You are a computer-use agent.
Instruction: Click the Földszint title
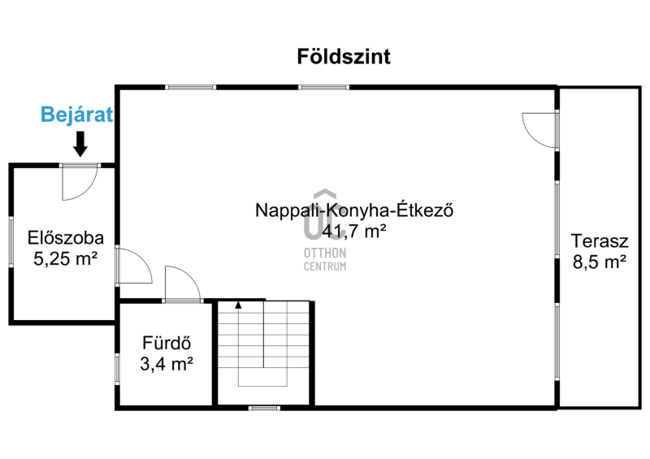pyautogui.click(x=344, y=57)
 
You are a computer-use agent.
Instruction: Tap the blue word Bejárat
pyautogui.click(x=76, y=115)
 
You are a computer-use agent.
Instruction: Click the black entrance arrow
pyautogui.click(x=80, y=144)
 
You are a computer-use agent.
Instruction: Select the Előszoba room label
pyautogui.click(x=66, y=238)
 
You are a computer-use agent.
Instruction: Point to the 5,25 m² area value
pyautogui.click(x=66, y=259)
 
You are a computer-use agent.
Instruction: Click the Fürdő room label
pyautogui.click(x=167, y=343)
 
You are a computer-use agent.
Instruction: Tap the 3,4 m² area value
pyautogui.click(x=167, y=364)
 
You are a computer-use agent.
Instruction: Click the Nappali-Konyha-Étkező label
pyautogui.click(x=354, y=210)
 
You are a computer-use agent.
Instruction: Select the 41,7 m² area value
pyautogui.click(x=354, y=231)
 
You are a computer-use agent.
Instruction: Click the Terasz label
pyautogui.click(x=600, y=241)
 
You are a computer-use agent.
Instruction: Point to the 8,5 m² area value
pyautogui.click(x=600, y=262)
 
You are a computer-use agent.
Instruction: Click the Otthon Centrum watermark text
pyautogui.click(x=325, y=260)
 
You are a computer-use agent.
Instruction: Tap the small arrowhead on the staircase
pyautogui.click(x=238, y=305)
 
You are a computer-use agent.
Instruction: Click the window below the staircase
pyautogui.click(x=265, y=408)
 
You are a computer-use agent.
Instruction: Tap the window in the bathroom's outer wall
pyautogui.click(x=117, y=368)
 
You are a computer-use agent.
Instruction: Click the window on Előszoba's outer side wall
pyautogui.click(x=11, y=242)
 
